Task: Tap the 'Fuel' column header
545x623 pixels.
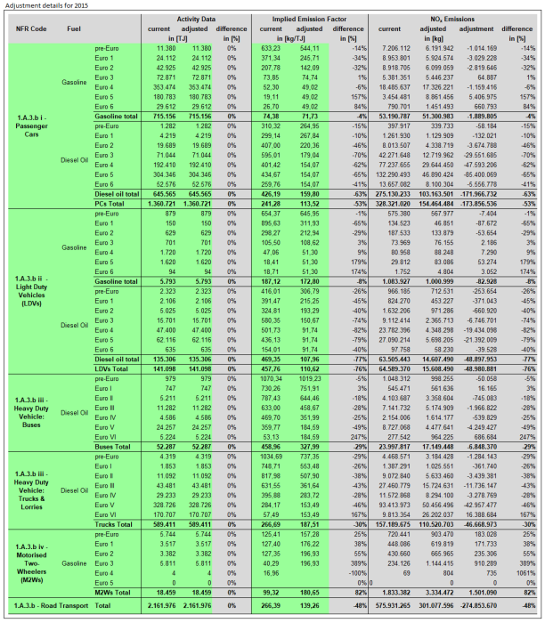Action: (75, 28)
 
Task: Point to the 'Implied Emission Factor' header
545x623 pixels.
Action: (313, 16)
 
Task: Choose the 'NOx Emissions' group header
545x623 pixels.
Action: (443, 16)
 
